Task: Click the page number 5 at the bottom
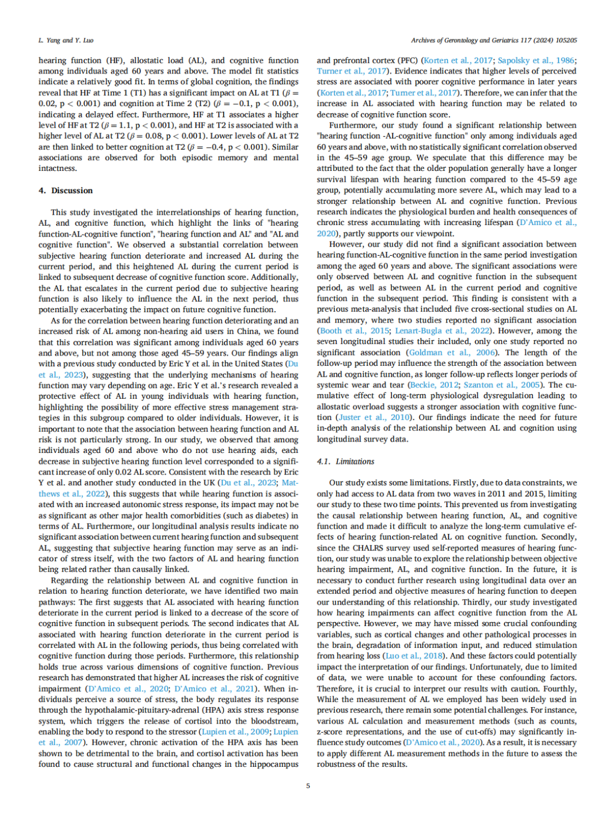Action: pyautogui.click(x=308, y=786)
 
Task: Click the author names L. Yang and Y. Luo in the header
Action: pyautogui.click(x=66, y=40)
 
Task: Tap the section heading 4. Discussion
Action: pyautogui.click(x=66, y=190)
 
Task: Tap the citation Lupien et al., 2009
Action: pyautogui.click(x=235, y=732)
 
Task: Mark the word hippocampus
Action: pyautogui.click(x=268, y=765)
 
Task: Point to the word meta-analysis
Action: pyautogui.click(x=378, y=309)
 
